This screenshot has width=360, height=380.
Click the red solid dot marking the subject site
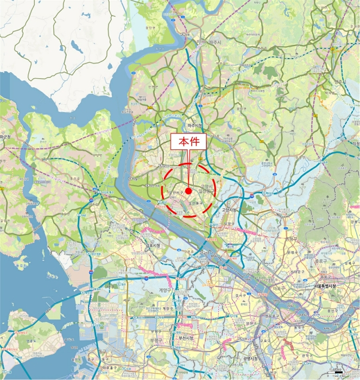coord(188,191)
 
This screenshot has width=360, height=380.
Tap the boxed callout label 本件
coord(188,142)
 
